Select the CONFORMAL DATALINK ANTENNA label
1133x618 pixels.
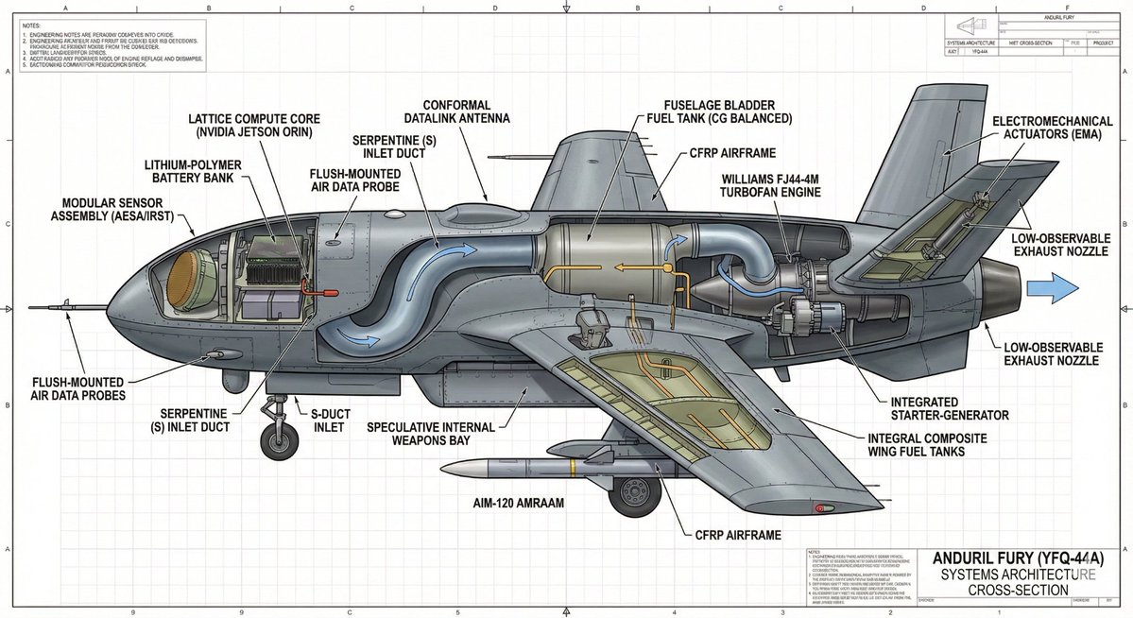tap(467, 111)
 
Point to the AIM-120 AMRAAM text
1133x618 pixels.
tap(519, 504)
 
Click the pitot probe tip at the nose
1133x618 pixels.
tap(33, 307)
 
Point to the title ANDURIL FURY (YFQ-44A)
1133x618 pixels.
tap(1023, 558)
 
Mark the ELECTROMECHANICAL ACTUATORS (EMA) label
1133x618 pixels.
tap(1046, 130)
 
